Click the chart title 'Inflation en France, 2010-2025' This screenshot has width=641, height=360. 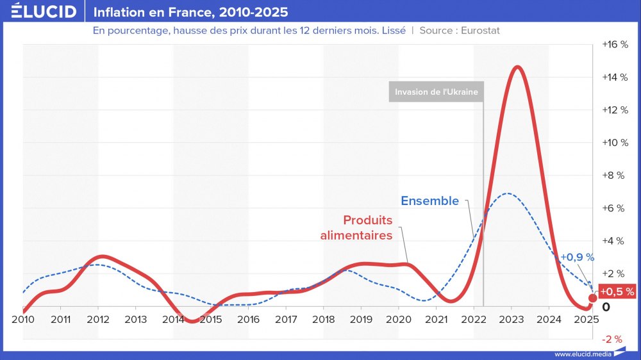click(x=190, y=12)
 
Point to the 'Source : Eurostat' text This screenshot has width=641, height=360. click(x=460, y=31)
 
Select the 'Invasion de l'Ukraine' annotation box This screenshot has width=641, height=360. click(x=436, y=92)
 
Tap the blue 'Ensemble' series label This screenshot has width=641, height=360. click(x=429, y=200)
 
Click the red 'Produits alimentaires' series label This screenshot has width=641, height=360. click(x=367, y=227)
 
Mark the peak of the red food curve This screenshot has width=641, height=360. click(x=517, y=67)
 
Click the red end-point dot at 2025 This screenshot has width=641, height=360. click(x=592, y=299)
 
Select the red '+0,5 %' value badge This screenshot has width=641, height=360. click(x=617, y=291)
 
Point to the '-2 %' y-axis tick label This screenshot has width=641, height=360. click(x=613, y=339)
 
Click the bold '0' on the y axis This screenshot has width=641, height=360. click(x=606, y=307)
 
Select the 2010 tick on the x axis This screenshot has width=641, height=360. click(x=22, y=319)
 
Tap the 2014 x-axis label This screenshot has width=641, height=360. click(x=173, y=319)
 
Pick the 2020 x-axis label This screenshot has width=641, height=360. click(x=398, y=319)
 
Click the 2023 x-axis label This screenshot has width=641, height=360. click(x=511, y=319)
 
